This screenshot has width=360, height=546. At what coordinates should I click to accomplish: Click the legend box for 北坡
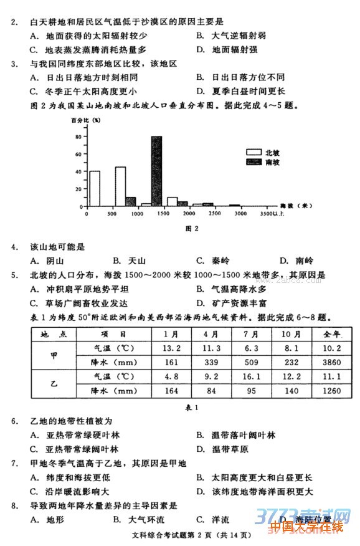point(253,152)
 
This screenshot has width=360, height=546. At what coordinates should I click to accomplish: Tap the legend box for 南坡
point(253,162)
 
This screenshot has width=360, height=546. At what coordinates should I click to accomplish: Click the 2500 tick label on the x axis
point(214,214)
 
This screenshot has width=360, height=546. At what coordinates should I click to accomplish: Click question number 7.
point(14,463)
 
